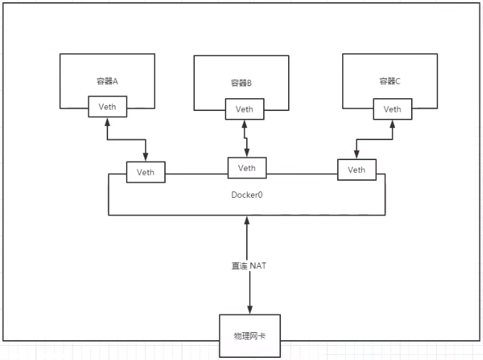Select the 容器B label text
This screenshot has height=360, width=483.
point(240,83)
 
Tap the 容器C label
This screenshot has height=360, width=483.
point(389,81)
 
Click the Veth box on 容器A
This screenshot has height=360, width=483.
point(107,107)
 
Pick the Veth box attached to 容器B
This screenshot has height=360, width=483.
point(244,110)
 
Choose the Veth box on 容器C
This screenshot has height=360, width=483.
point(392,109)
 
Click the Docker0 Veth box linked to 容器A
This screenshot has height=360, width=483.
point(145,171)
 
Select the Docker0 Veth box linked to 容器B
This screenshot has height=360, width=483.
point(246,168)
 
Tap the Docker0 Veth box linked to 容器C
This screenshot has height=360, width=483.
point(356,169)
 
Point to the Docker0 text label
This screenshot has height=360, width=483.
point(246,194)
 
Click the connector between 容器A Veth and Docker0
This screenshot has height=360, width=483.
point(127,139)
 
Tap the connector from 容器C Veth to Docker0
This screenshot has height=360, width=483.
point(373,139)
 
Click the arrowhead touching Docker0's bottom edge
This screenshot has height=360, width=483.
point(247,221)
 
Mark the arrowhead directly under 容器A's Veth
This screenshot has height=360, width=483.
point(107,122)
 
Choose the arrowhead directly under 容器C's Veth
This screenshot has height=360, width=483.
point(392,123)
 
